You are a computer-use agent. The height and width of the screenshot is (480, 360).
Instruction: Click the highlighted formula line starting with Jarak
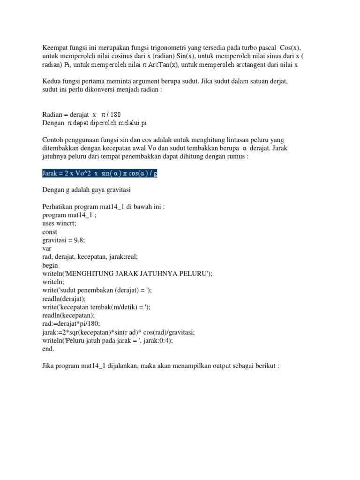pos(99,173)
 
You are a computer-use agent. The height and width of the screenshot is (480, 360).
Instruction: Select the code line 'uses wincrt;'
pos(59,224)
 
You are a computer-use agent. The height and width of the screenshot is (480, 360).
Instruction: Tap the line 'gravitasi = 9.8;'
pos(63,240)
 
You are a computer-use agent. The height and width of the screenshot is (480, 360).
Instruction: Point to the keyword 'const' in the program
pos(50,232)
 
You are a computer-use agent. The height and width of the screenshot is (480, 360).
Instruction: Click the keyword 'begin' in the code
pos(50,265)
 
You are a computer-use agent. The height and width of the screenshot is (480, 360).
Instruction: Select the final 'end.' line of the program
pos(48,349)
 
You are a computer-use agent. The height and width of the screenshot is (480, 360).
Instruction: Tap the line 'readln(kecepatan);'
pos(68,315)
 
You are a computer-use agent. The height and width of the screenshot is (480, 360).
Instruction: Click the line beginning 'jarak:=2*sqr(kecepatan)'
pos(118,332)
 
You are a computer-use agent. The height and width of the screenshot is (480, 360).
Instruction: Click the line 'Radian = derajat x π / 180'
pos(84,114)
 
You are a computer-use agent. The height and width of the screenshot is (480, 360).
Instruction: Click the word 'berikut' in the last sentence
pos(265,366)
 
